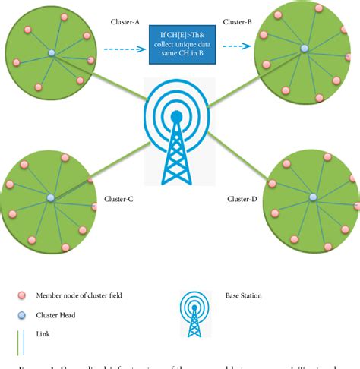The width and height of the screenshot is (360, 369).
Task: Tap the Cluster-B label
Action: point(238,23)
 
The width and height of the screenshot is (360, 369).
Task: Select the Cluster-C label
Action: point(118,199)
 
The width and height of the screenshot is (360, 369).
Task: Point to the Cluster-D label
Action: point(243,199)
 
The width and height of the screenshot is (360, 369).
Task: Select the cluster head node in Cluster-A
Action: point(52,52)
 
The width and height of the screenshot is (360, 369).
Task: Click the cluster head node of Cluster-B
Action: point(303,49)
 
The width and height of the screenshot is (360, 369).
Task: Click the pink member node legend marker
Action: point(22,295)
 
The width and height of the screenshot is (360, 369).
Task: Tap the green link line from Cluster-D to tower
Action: point(235,156)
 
